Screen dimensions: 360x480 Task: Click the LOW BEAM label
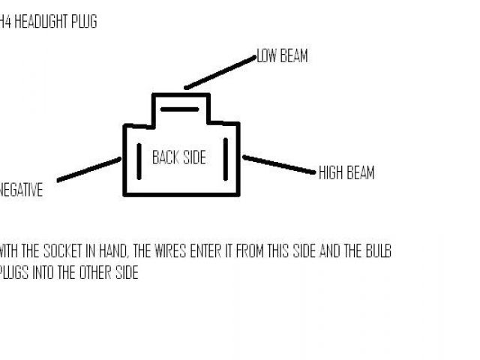tap(282, 56)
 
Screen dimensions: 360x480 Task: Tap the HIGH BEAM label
tap(346, 172)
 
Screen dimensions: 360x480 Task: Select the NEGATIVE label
tap(21, 190)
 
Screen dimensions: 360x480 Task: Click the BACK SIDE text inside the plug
tap(178, 157)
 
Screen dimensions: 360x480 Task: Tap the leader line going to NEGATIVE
tap(88, 169)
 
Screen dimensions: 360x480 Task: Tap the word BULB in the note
tap(377, 251)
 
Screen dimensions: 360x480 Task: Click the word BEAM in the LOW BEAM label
tap(293, 56)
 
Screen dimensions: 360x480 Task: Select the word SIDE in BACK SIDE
tap(193, 157)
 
